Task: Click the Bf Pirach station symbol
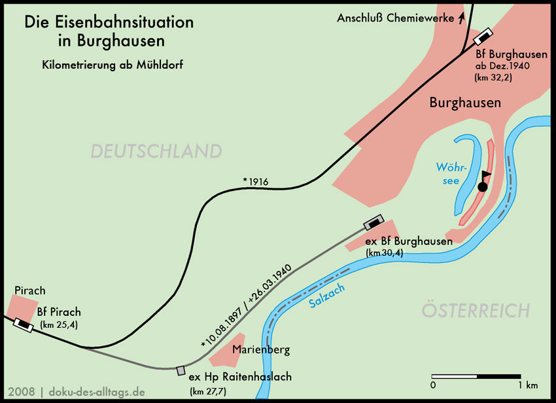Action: [24, 323]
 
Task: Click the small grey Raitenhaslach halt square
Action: [181, 371]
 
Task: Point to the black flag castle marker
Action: [483, 182]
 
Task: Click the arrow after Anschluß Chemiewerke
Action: [462, 18]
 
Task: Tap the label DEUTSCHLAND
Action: [156, 151]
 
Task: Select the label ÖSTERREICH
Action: [475, 310]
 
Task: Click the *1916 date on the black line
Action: [255, 181]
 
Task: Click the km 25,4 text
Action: [59, 324]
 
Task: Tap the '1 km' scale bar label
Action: [527, 384]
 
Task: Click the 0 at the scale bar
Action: [433, 384]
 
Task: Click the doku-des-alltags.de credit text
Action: [96, 392]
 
